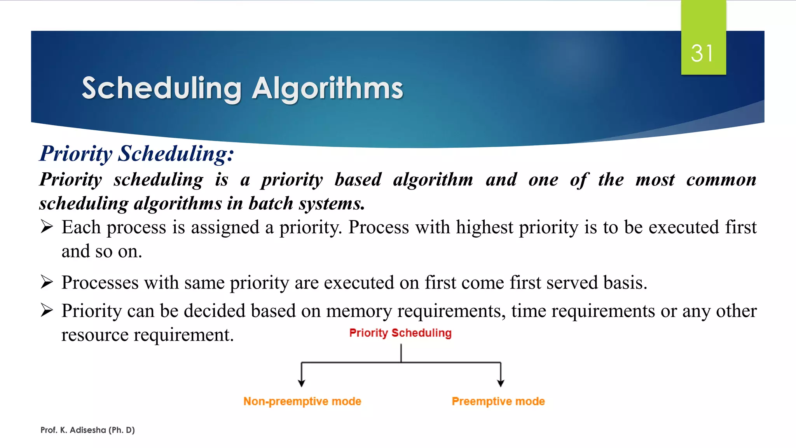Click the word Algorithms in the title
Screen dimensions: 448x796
(x=327, y=88)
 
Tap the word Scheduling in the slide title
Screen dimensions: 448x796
(x=161, y=88)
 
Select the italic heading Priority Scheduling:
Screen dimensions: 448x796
(x=137, y=153)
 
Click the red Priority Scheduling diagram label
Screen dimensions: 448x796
(x=400, y=333)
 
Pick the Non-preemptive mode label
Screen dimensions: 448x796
(x=302, y=401)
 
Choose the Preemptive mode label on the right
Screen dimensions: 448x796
(x=498, y=401)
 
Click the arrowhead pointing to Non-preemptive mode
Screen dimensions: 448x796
(x=301, y=383)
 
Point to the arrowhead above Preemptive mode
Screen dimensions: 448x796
(x=501, y=383)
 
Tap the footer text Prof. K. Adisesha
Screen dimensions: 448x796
(x=87, y=430)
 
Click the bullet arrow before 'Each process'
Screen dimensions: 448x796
(x=47, y=227)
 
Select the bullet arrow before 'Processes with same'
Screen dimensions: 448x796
(x=47, y=282)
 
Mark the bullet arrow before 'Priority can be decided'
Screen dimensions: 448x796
(x=47, y=311)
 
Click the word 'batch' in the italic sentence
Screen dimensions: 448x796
(x=271, y=203)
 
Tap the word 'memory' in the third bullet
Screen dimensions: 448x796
(x=359, y=311)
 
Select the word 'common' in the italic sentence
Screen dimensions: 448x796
(x=721, y=180)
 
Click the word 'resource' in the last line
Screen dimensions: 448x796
(x=95, y=335)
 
